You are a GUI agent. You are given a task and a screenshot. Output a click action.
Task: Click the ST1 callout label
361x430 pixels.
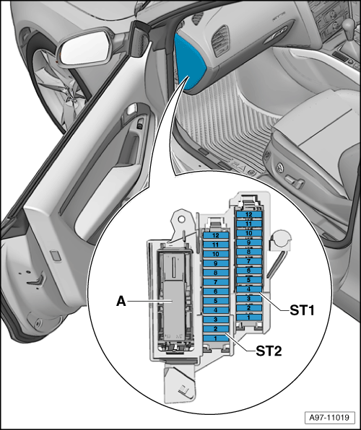[302, 311]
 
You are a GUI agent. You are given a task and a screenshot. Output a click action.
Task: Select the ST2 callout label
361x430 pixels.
[269, 351]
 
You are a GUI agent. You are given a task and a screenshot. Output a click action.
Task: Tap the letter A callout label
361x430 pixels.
[121, 302]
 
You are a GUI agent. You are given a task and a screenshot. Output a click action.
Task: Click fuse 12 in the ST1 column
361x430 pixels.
[249, 214]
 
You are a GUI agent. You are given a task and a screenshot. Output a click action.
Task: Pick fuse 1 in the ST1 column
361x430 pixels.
[249, 317]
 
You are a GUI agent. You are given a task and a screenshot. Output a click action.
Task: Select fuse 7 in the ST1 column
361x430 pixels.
[249, 261]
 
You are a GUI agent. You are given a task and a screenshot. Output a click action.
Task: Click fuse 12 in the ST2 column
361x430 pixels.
[216, 235]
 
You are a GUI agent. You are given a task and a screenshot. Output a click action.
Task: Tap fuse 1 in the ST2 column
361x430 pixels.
[216, 338]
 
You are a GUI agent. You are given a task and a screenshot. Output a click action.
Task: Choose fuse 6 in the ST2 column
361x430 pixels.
[216, 291]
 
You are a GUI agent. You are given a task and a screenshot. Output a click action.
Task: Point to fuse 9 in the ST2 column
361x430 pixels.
[216, 263]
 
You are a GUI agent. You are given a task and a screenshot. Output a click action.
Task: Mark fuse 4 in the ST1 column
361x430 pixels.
[249, 289]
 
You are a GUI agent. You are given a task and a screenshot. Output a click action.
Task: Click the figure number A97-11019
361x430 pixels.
[329, 418]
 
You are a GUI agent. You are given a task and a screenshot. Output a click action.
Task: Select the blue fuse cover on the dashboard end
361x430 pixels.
[190, 63]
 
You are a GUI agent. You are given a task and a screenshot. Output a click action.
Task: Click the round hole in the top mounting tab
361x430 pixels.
[181, 219]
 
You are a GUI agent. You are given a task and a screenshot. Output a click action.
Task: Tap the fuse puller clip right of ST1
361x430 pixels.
[279, 241]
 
